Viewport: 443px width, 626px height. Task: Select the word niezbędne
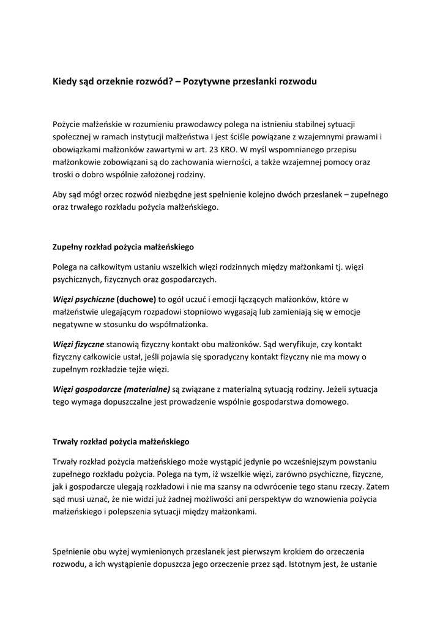[194, 194]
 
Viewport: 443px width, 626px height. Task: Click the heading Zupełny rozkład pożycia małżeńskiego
[123, 248]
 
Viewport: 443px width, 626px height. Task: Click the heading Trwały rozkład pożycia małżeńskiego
[121, 441]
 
